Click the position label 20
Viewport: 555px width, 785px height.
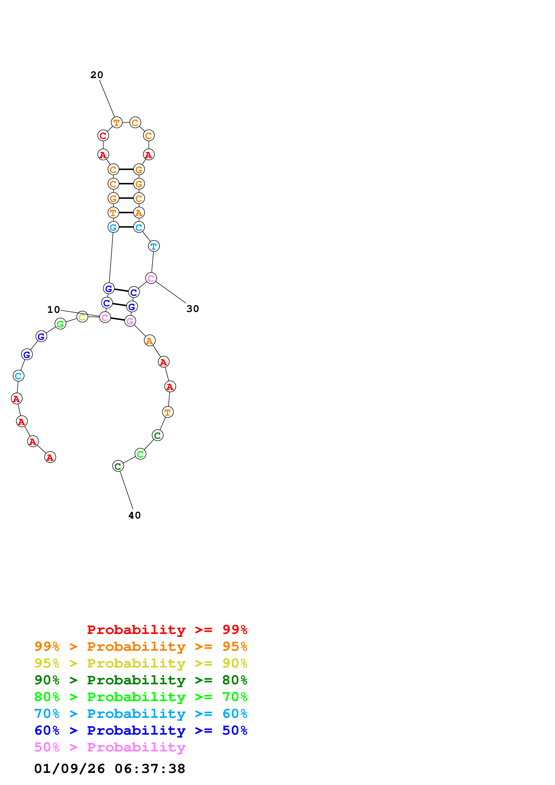click(x=96, y=75)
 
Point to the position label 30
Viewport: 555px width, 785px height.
click(x=193, y=309)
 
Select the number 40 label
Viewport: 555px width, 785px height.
click(x=134, y=515)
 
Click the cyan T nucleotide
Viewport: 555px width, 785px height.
click(x=154, y=246)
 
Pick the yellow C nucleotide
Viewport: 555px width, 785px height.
click(x=82, y=317)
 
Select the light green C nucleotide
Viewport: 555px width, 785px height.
click(x=140, y=454)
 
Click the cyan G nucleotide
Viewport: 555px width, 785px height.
click(x=113, y=227)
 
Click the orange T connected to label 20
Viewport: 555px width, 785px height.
click(x=117, y=122)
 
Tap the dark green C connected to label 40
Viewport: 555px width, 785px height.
click(x=118, y=466)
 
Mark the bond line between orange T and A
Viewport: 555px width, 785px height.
click(x=126, y=213)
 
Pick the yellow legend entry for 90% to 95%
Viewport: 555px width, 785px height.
click(x=141, y=663)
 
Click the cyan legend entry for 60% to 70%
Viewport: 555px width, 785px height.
click(x=141, y=714)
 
